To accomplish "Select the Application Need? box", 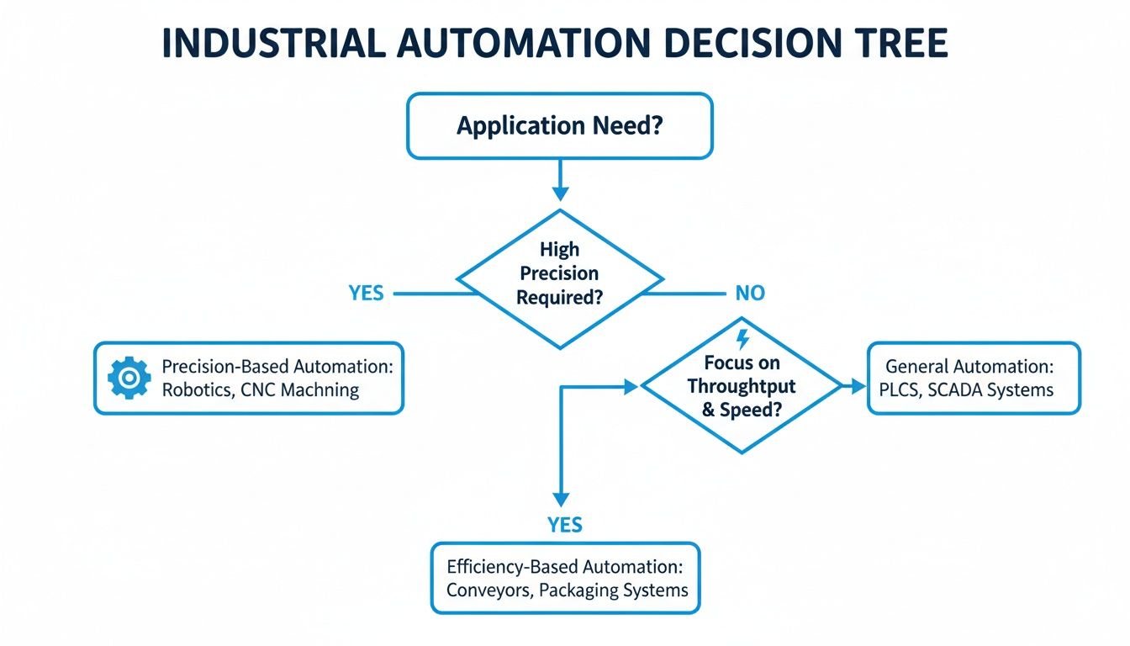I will (559, 126).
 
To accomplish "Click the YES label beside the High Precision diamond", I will (366, 294).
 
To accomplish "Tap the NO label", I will (750, 294).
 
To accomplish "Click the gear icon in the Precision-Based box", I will (129, 378).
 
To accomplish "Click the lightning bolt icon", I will (742, 339).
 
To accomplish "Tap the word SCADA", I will (958, 389).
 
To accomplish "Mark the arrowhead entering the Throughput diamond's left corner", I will (631, 386).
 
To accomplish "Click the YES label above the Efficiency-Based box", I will (564, 525).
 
